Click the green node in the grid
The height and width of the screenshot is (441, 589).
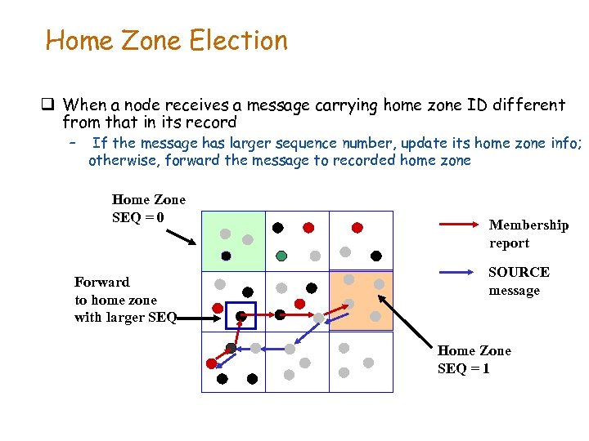281,256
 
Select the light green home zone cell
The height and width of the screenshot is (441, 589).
233,240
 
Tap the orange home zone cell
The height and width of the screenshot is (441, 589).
361,301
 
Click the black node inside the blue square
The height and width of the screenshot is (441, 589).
241,315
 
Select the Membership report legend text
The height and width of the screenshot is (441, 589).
528,234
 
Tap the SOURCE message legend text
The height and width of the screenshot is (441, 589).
519,281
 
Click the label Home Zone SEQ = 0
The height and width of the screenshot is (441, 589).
148,208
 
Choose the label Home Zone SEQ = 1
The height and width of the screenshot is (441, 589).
474,359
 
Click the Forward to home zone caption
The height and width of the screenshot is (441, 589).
125,300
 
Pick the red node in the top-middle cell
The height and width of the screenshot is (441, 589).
308,228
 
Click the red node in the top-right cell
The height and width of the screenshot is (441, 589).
357,228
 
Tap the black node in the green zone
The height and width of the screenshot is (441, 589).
226,256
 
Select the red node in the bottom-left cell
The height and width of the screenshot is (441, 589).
211,363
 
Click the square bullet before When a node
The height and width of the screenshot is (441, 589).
48,105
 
